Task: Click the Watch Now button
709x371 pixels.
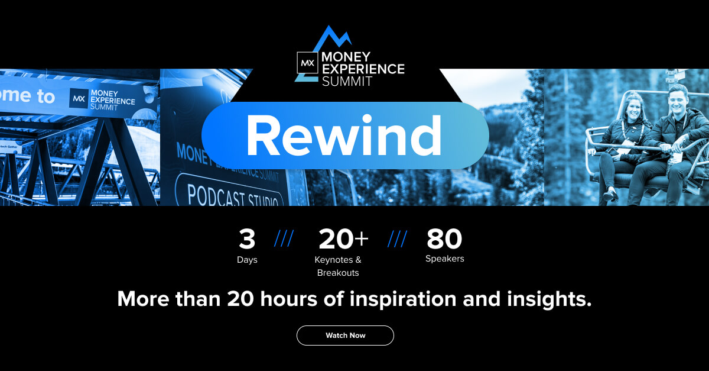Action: tap(345, 335)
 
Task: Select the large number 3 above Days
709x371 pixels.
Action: tap(247, 240)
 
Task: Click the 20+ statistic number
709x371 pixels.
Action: tap(343, 240)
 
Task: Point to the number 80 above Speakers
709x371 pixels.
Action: tap(444, 240)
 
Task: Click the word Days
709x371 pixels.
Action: tap(247, 260)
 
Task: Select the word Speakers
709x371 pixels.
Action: tap(444, 259)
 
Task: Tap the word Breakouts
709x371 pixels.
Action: tap(338, 273)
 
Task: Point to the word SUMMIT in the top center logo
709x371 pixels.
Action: tap(347, 82)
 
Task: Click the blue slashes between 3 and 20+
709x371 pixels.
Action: tap(284, 239)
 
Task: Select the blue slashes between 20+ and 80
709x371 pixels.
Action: tap(397, 239)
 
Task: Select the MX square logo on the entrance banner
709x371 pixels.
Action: tap(78, 98)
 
